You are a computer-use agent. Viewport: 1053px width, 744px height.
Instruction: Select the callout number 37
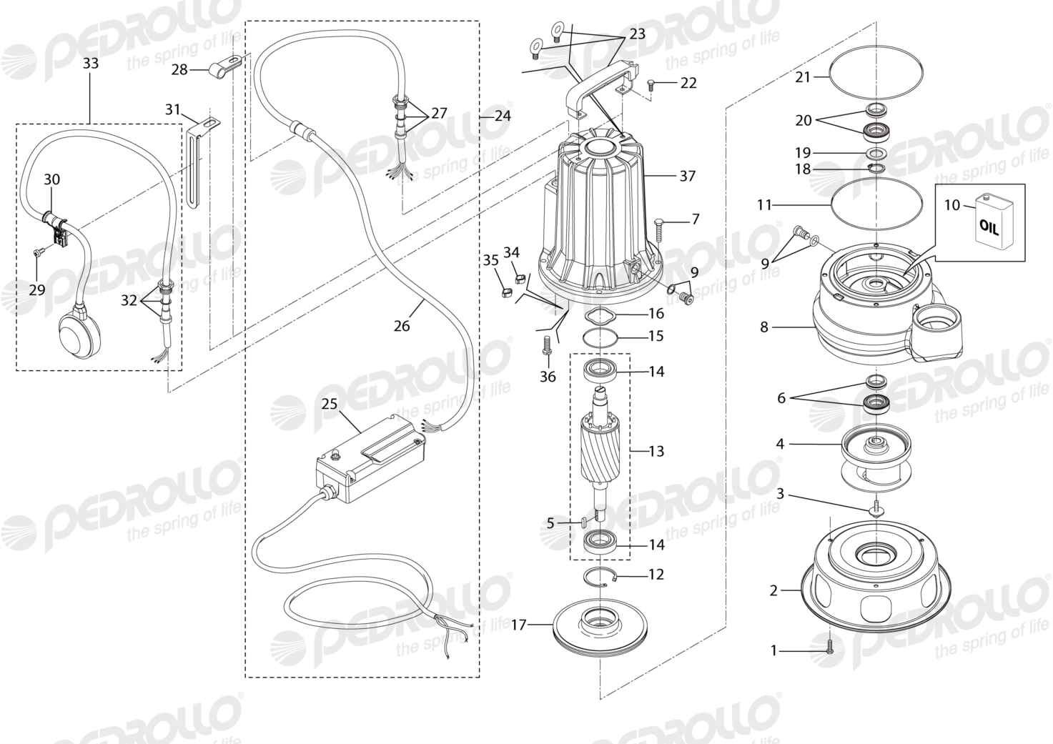point(687,176)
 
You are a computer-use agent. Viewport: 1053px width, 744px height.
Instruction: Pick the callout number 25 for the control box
point(330,404)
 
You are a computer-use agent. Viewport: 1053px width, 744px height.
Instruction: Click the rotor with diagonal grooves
point(602,447)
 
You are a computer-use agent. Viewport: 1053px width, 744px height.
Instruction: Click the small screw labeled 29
point(38,253)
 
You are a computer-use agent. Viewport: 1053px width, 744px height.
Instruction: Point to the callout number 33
point(91,63)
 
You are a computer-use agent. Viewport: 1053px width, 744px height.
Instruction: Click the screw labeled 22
point(651,84)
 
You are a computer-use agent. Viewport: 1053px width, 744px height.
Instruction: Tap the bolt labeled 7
point(659,231)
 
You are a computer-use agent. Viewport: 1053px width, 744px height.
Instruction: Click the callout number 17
point(519,625)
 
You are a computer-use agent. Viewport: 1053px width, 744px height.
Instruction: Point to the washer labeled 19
point(876,153)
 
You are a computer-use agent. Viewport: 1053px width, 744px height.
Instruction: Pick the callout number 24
point(503,116)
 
